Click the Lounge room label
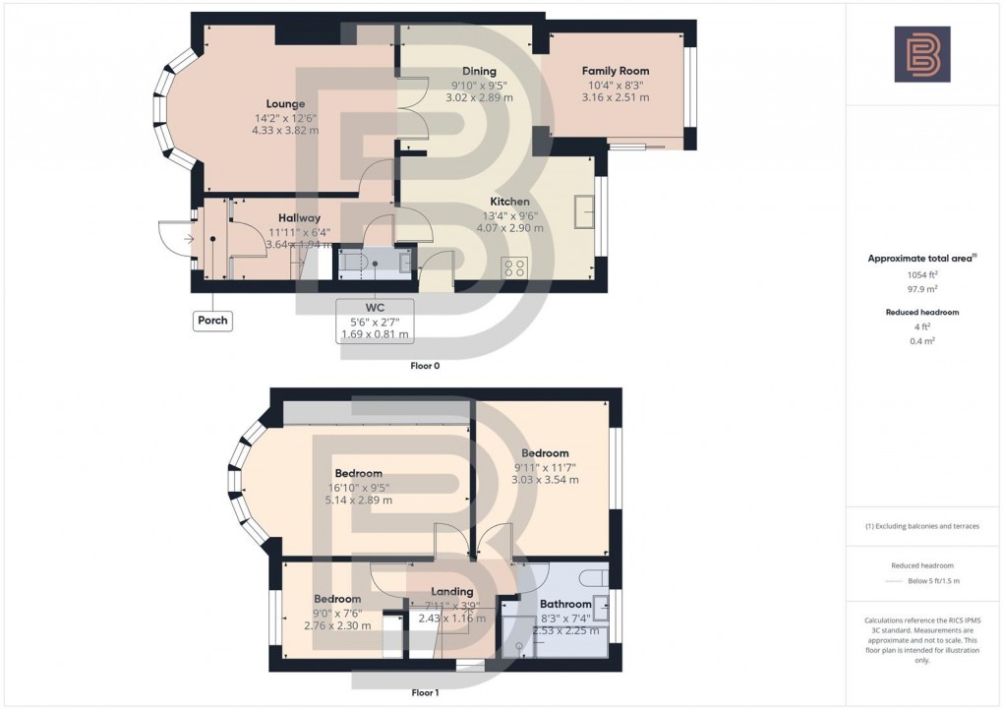285,103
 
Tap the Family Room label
616,71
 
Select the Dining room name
479,71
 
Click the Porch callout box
212,321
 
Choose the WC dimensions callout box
375,321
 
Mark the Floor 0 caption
425,366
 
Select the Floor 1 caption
425,692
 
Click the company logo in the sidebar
921,54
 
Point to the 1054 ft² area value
921,276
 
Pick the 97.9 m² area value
921,290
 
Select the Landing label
451,591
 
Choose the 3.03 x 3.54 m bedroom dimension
545,480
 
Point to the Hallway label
299,218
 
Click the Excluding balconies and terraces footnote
921,526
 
